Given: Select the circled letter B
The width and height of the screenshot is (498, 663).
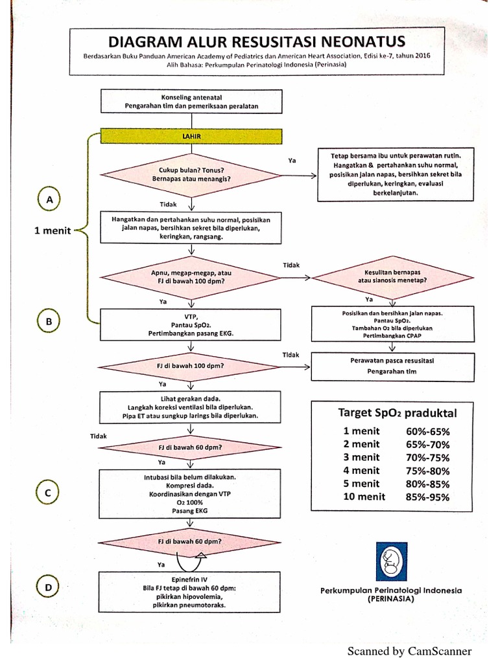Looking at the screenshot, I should (49, 321).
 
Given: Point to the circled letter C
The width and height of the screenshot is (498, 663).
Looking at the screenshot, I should (47, 493).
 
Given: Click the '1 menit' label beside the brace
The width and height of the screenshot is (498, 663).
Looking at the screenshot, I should (53, 230).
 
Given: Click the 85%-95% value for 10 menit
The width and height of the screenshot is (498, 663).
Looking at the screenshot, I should (427, 497).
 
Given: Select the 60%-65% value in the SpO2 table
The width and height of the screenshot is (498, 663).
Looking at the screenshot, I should (427, 431).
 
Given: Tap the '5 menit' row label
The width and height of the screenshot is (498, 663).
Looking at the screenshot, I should (361, 484).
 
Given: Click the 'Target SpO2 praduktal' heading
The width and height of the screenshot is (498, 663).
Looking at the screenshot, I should (397, 412).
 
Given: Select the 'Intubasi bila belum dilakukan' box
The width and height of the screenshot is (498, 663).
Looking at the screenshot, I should (190, 493).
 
